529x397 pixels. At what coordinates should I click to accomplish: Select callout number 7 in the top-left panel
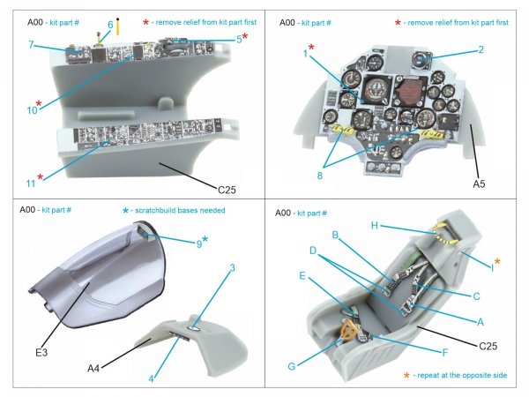(x=30, y=44)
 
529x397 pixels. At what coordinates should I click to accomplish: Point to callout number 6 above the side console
(x=110, y=24)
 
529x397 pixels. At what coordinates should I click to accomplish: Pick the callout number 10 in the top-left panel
(x=32, y=110)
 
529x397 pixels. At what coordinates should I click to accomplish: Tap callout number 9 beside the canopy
(x=198, y=243)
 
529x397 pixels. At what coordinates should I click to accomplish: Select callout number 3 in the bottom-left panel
(x=232, y=268)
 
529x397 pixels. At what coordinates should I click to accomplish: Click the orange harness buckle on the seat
(x=352, y=333)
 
